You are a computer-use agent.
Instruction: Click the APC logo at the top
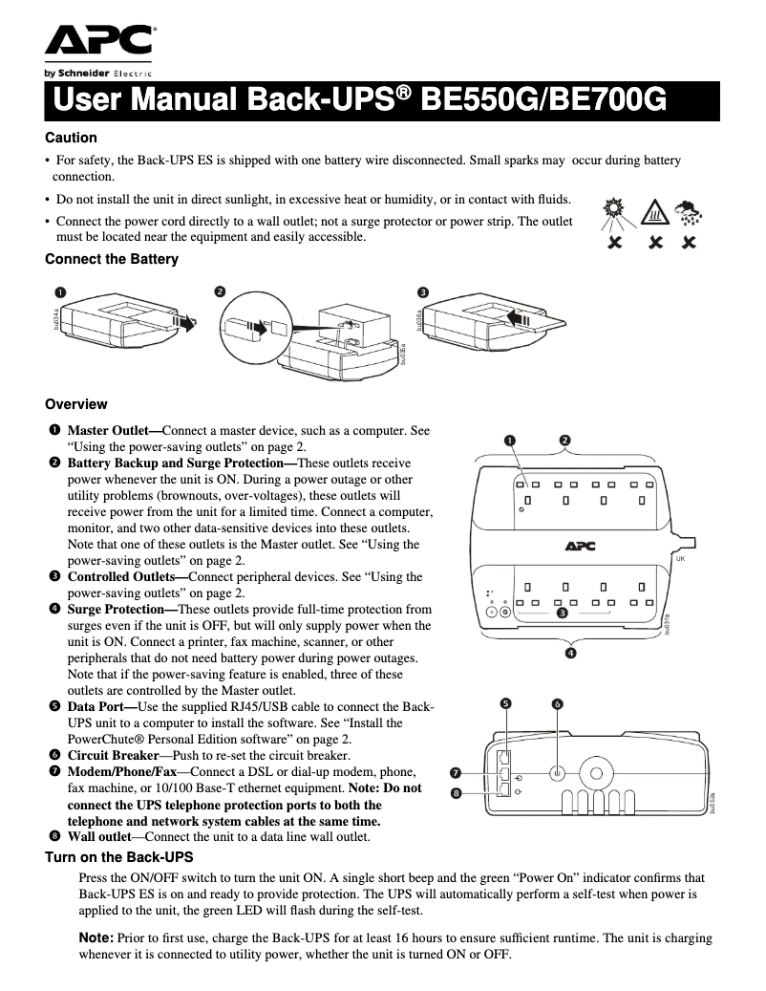[98, 42]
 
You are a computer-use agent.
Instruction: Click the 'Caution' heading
[72, 138]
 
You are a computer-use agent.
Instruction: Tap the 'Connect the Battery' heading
[112, 259]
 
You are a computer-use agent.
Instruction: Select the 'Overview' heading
[76, 404]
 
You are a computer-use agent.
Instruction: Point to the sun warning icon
[613, 212]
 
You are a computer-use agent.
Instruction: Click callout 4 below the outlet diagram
[569, 653]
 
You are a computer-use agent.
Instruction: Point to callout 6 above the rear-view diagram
[557, 704]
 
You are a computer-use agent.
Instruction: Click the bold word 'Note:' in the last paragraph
[96, 938]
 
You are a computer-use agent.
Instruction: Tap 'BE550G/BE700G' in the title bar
[543, 99]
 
